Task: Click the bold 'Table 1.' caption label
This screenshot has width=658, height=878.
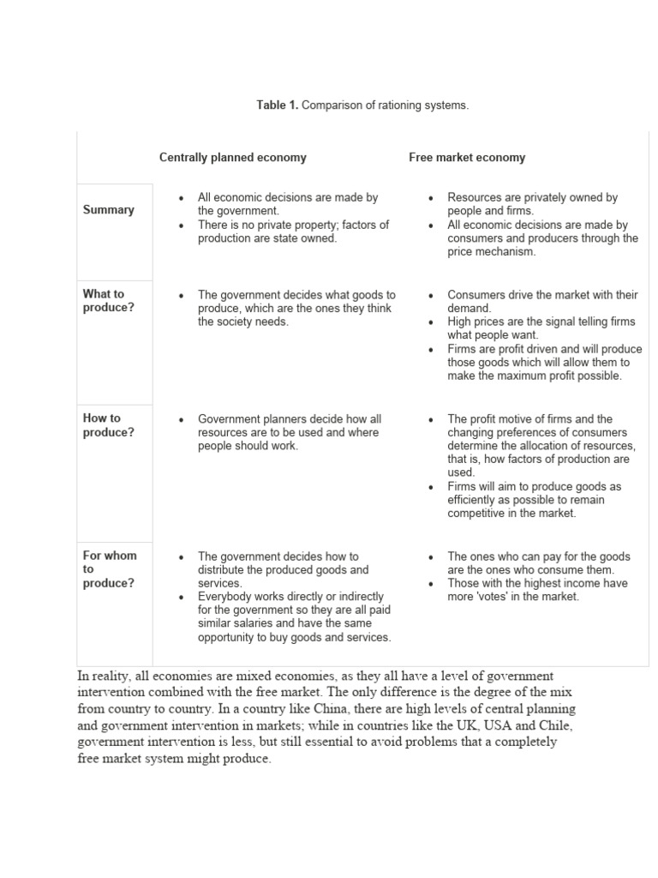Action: tap(277, 105)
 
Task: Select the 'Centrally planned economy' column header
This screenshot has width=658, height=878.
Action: tap(232, 158)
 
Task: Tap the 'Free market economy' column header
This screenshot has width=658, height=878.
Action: tap(466, 158)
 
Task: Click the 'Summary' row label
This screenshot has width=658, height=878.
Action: tap(108, 210)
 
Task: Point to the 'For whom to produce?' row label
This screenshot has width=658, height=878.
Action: tap(109, 569)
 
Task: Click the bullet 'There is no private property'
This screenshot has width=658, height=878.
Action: tap(292, 232)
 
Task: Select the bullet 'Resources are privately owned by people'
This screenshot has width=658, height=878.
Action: tap(532, 204)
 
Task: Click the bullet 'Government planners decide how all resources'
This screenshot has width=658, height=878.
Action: tap(289, 432)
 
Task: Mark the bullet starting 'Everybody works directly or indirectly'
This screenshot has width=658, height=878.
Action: tap(294, 616)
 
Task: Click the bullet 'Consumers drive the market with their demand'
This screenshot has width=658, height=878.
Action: tap(541, 301)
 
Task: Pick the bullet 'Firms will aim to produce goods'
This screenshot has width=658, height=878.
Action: tap(534, 500)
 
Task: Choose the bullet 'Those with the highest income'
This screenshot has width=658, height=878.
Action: tap(537, 590)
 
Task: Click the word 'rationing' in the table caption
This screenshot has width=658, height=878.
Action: tap(383, 105)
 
